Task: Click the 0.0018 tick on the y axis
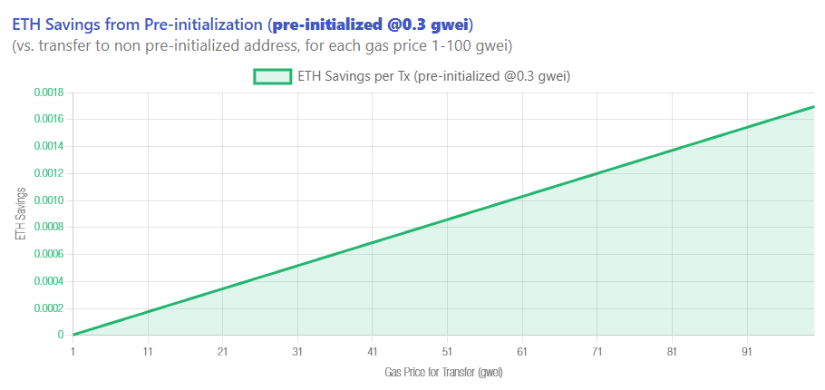(48, 93)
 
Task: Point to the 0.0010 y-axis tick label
(48, 200)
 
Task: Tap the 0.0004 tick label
(48, 281)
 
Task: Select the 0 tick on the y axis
(61, 335)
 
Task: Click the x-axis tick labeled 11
(147, 352)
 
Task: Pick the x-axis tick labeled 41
(372, 352)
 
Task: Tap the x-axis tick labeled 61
(521, 352)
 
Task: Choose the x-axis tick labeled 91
(746, 352)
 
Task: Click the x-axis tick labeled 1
(73, 352)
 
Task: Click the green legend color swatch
(272, 77)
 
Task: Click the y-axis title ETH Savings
(21, 214)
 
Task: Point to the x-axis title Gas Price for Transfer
(443, 372)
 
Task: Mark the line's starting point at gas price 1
(73, 335)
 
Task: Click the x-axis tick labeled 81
(671, 352)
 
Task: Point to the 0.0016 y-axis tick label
(48, 120)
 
